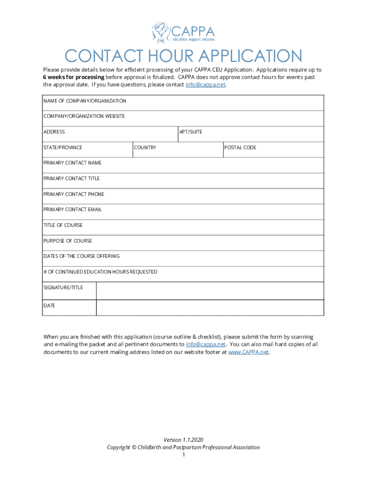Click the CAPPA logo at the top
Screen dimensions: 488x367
[183, 32]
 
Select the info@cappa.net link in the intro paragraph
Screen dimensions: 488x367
[205, 84]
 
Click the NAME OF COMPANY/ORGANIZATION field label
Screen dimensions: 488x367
[85, 101]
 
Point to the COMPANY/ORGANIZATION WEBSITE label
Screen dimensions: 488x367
[84, 116]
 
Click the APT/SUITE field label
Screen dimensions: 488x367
[191, 132]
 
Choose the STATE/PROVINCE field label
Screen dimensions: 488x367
[62, 148]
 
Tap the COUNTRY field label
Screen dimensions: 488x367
[145, 148]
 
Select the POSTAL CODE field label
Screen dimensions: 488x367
[240, 148]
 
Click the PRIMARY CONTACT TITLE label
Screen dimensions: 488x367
[71, 179]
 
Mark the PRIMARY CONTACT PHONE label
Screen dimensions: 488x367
[73, 194]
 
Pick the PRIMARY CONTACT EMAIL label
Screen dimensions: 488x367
[72, 210]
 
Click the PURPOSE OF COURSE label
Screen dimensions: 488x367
[68, 241]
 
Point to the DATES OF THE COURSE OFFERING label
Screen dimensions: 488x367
[82, 256]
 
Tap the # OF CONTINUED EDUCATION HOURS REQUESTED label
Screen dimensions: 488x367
[100, 272]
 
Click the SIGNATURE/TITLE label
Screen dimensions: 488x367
[63, 288]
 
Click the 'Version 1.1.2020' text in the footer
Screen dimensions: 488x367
[183, 440]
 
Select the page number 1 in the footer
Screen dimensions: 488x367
[183, 455]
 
